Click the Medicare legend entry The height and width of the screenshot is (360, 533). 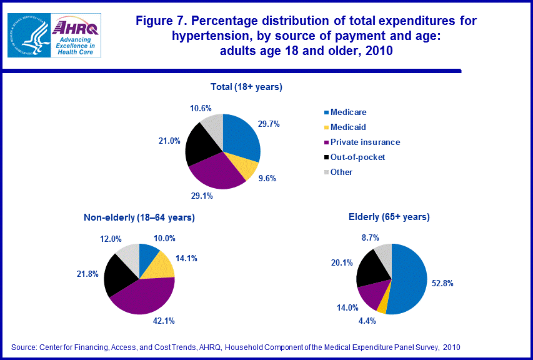pyautogui.click(x=346, y=112)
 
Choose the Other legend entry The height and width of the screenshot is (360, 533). pyautogui.click(x=338, y=172)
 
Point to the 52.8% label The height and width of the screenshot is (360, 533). pyautogui.click(x=442, y=283)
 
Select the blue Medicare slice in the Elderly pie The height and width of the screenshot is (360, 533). pyautogui.click(x=410, y=278)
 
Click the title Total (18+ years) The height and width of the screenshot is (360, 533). pyautogui.click(x=246, y=87)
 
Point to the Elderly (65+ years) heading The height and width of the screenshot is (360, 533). pyautogui.click(x=389, y=217)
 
